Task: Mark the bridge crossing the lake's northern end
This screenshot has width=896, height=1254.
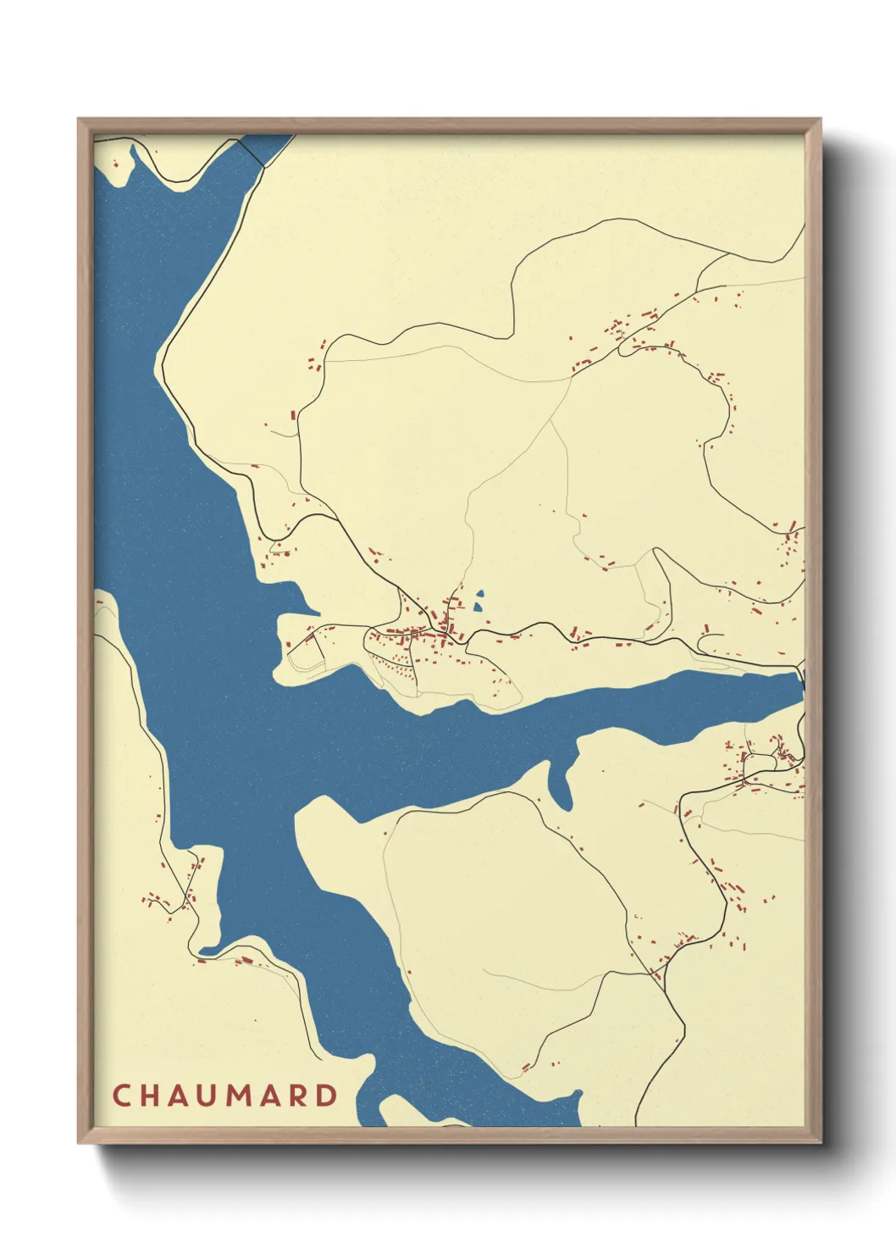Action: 251,153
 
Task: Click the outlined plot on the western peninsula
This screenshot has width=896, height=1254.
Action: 305,652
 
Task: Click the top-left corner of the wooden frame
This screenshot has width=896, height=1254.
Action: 80,119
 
